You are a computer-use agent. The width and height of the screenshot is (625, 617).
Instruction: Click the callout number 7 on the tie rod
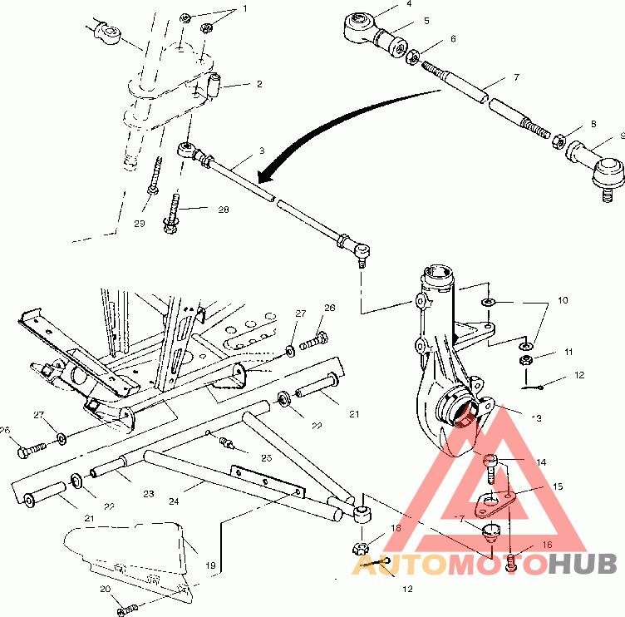pos(515,77)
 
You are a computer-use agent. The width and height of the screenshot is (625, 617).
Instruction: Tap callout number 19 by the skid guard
pos(211,565)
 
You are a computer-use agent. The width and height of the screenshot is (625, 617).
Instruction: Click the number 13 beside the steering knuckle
pos(536,417)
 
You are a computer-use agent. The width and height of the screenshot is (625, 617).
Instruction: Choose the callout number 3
pos(261,151)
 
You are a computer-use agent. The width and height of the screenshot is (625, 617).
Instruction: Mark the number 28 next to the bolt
pos(223,210)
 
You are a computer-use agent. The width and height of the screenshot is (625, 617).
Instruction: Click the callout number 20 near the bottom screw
pos(106,590)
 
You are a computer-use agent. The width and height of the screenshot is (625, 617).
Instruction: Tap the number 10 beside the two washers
pos(563,299)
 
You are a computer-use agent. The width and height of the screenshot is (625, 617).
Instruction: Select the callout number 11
pos(568,352)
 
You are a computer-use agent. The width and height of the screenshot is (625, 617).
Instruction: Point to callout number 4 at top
pos(409,4)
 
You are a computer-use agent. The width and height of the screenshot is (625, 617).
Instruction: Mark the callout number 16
pos(546,545)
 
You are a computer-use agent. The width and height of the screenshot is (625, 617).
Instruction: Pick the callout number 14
pos(541,462)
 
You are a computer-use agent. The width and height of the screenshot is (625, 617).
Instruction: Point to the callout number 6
pos(453,38)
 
